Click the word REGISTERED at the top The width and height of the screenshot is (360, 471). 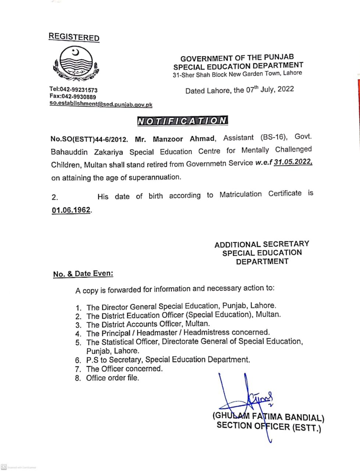pos(74,37)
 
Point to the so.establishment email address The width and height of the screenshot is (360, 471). pos(101,104)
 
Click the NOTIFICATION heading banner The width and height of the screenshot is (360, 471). pos(182,121)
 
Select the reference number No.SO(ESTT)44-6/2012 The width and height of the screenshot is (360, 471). pos(89,139)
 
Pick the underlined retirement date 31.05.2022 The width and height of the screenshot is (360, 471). pos(293,162)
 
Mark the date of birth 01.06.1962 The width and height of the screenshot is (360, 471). pos(71,210)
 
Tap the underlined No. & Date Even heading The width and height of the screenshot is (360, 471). pos(83,274)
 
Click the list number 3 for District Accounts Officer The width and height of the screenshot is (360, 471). pos(78,325)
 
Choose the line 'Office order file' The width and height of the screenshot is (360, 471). pos(113,378)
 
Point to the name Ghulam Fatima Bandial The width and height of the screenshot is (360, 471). pos(268,417)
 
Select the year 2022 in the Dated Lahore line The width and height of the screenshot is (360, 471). pos(286,89)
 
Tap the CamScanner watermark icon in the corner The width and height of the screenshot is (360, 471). pos(4,467)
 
